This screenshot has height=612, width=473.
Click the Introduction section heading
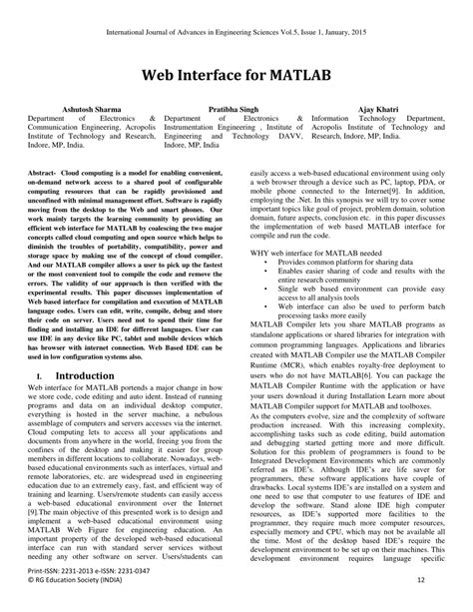pyautogui.click(x=85, y=347)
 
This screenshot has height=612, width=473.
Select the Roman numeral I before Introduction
pyautogui.click(x=37, y=348)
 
